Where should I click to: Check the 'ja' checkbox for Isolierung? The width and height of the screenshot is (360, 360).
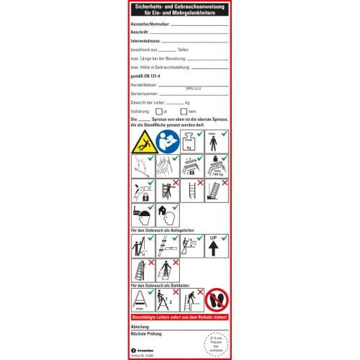158,112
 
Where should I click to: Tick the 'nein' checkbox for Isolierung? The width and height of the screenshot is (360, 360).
183,112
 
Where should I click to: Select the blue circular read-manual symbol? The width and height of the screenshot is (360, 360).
168,141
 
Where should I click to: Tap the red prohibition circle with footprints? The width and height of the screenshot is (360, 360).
217,301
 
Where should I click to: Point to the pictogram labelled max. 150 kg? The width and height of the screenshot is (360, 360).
217,168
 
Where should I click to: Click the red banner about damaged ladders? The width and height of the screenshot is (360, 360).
180,318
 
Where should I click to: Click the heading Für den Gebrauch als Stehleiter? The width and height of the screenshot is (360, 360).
163,284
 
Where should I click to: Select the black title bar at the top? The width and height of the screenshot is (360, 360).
180,11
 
